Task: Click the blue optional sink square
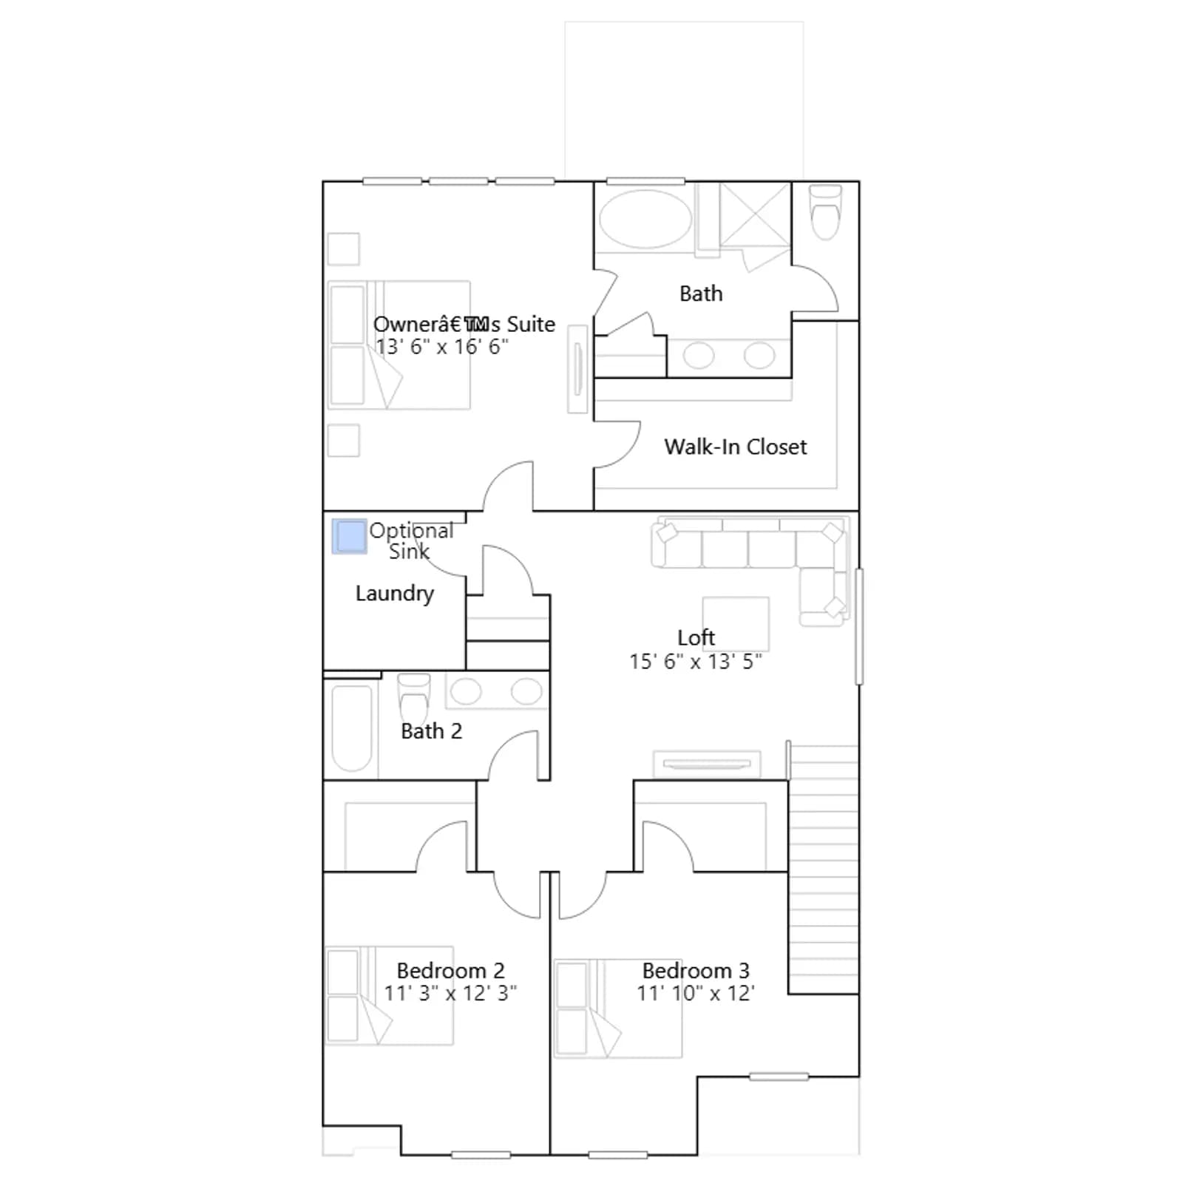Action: coord(349,536)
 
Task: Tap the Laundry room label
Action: coord(394,594)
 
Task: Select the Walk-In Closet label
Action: coord(736,447)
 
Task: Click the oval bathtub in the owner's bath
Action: coord(645,219)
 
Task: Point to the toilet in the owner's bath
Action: coord(825,211)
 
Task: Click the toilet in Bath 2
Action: coord(413,699)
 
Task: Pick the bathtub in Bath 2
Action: coord(352,728)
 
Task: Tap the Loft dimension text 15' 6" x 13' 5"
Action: coord(695,661)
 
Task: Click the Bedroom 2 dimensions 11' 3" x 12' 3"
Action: coord(450,993)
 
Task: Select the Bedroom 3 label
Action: coord(696,970)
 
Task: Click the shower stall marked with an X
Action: coord(755,214)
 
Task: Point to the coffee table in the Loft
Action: coord(736,623)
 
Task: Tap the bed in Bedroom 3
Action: coord(617,1009)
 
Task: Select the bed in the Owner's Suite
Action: coord(399,345)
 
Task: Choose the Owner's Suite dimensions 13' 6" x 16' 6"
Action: coord(441,347)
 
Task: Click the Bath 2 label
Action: coord(431,731)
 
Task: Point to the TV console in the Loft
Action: coord(707,765)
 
